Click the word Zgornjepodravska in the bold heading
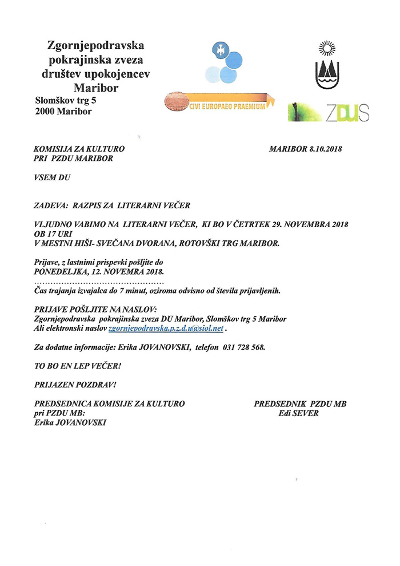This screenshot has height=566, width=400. click(x=95, y=45)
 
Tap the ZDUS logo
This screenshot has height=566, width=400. click(x=329, y=112)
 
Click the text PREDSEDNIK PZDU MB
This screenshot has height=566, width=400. click(x=300, y=404)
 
